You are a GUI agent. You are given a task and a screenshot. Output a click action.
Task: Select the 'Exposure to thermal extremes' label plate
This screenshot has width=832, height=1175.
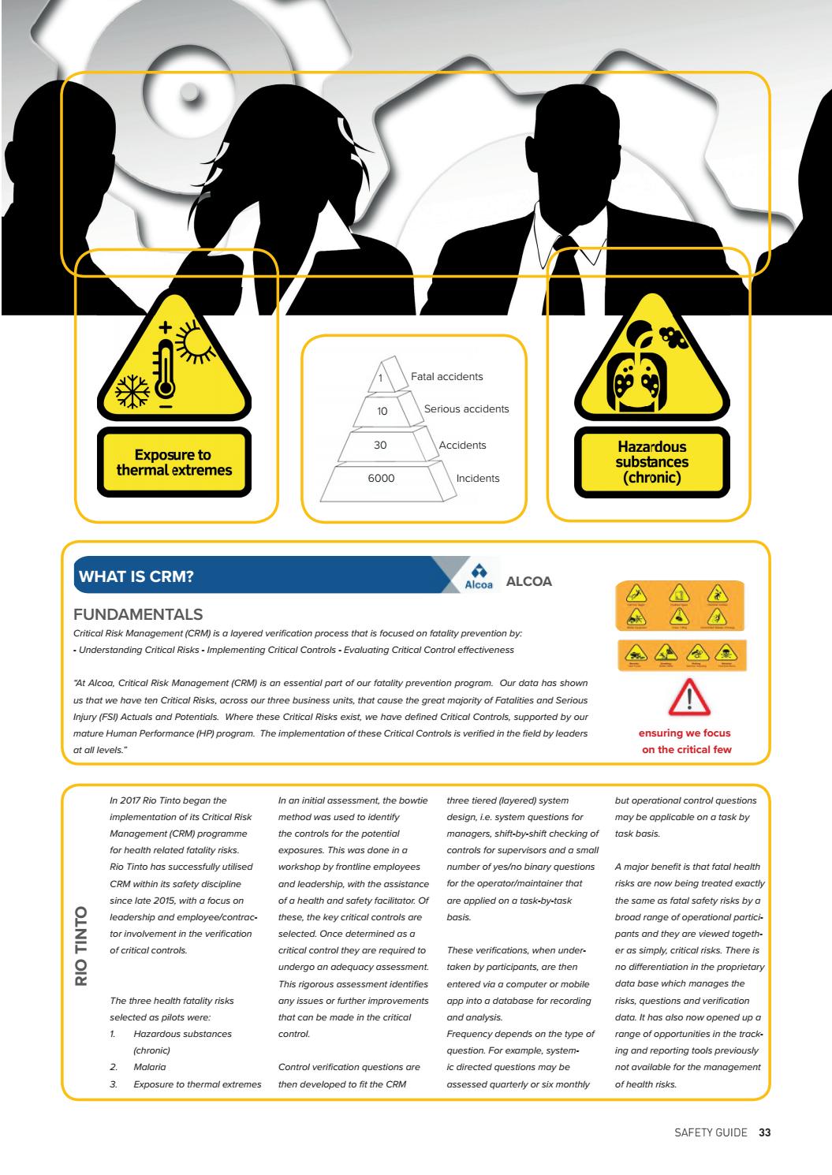click(x=173, y=462)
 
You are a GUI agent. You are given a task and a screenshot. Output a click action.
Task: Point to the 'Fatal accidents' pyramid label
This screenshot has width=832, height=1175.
click(x=446, y=377)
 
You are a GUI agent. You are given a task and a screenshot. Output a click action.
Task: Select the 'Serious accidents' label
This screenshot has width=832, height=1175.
click(x=466, y=409)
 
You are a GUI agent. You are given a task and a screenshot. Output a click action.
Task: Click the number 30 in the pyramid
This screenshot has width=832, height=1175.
click(x=380, y=445)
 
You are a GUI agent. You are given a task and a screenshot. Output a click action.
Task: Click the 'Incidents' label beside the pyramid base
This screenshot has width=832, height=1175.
click(x=477, y=478)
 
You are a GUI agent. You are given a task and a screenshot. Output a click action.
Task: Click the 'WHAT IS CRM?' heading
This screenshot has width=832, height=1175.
click(x=135, y=576)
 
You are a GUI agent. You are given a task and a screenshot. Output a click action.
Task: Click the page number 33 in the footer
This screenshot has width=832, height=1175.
click(x=765, y=1132)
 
